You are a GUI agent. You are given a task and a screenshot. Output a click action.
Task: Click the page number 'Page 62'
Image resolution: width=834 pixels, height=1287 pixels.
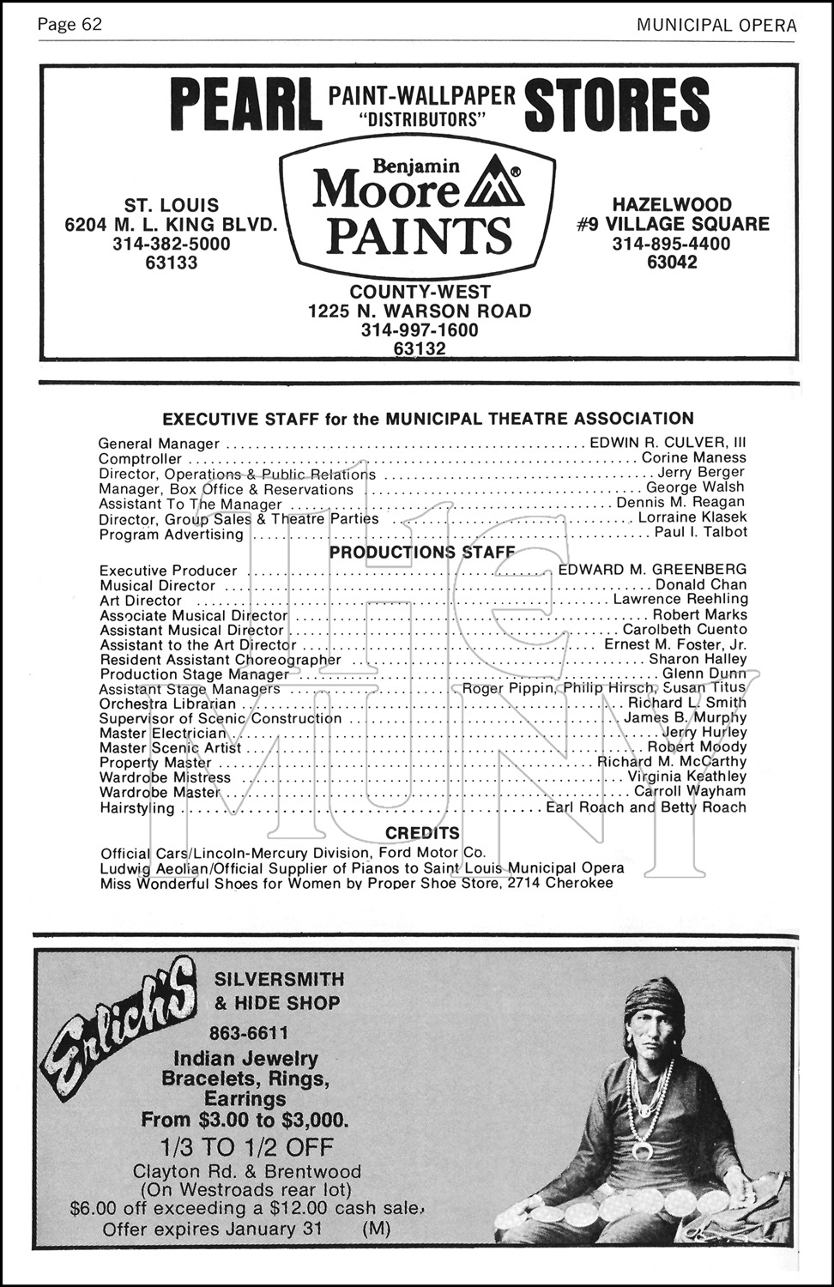click(69, 25)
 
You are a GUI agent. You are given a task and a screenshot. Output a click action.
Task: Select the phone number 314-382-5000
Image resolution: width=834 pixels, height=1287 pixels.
click(172, 244)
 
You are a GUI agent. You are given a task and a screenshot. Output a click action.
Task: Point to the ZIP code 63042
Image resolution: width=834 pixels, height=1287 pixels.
click(672, 263)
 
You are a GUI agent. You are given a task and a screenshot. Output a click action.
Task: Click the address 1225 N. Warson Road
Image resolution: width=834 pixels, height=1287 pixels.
click(420, 311)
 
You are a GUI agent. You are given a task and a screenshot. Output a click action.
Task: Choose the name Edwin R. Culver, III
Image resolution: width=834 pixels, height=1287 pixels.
click(668, 443)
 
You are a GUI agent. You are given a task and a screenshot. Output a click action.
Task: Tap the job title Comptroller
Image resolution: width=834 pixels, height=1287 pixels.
click(140, 459)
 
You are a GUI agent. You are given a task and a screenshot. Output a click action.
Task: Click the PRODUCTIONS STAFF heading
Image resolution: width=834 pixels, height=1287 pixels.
click(422, 552)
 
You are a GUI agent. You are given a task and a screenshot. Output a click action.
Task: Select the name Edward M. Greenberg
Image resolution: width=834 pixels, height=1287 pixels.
click(652, 569)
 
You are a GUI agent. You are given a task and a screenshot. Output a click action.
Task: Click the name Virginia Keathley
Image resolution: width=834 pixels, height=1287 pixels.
click(686, 776)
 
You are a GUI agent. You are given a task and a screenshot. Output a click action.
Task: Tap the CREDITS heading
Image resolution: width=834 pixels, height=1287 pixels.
click(422, 833)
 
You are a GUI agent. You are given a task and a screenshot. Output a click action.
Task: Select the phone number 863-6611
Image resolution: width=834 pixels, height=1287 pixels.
click(248, 1032)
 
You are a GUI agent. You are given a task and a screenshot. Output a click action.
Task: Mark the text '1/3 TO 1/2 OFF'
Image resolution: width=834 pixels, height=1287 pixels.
click(246, 1147)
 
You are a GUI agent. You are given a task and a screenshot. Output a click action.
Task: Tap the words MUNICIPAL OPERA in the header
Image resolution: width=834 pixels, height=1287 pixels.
click(716, 25)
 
